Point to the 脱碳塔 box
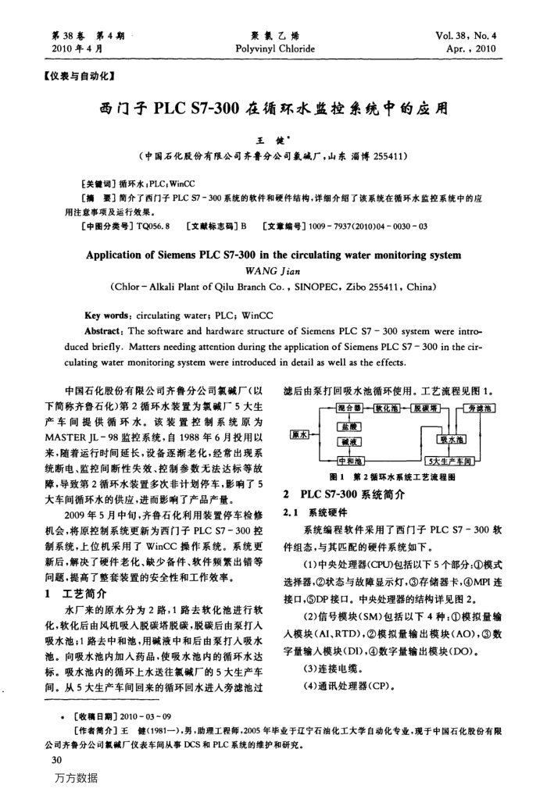pos(429,408)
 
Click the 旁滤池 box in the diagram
pos(480,408)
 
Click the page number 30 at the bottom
pos(55,758)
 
